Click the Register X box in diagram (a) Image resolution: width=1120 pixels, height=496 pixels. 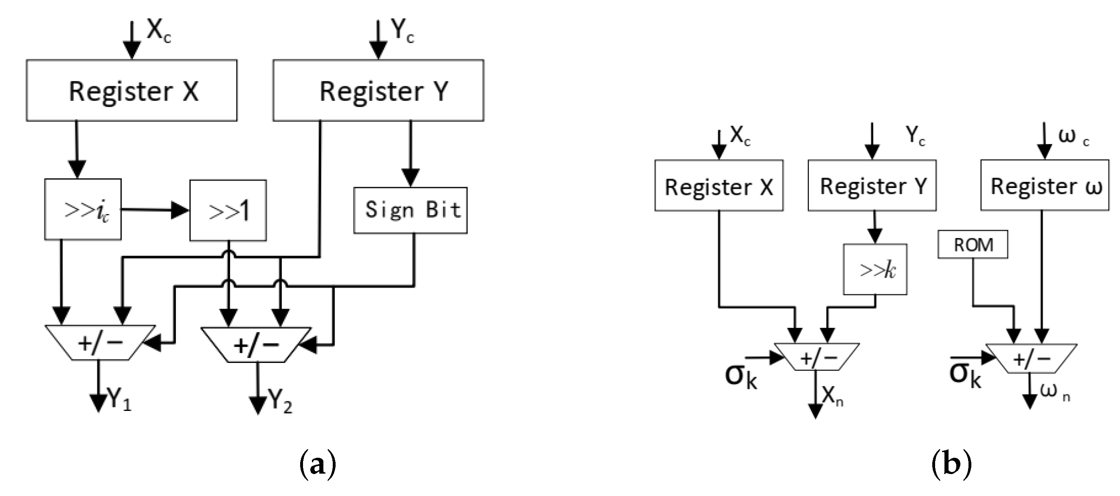(131, 90)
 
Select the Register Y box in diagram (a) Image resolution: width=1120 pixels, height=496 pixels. (378, 90)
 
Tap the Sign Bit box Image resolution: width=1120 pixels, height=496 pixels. (411, 211)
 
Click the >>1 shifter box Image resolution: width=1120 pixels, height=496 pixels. (228, 211)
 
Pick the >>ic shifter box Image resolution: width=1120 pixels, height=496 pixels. (83, 209)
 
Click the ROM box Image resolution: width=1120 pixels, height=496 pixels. (973, 245)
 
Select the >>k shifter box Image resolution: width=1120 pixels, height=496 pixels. (875, 270)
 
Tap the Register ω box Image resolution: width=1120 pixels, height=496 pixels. (1044, 186)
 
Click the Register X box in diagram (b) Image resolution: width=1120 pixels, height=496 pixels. (719, 186)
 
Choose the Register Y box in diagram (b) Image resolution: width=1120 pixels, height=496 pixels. (872, 186)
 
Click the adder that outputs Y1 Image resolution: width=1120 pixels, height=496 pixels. (100, 343)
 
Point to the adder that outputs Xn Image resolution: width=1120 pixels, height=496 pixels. (817, 357)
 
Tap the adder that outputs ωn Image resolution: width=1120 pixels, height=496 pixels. (1031, 358)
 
